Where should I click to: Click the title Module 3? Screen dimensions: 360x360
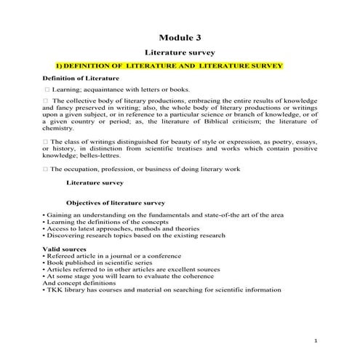pyautogui.click(x=180, y=38)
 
